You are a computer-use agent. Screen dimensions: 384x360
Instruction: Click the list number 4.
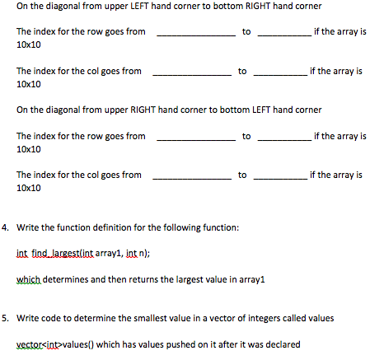(6, 226)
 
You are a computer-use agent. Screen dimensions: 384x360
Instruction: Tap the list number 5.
(6, 316)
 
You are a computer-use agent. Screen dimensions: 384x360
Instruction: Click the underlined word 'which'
(29, 279)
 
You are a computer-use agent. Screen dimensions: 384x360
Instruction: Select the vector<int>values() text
(52, 344)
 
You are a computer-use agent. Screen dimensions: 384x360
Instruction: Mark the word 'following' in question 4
(190, 226)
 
